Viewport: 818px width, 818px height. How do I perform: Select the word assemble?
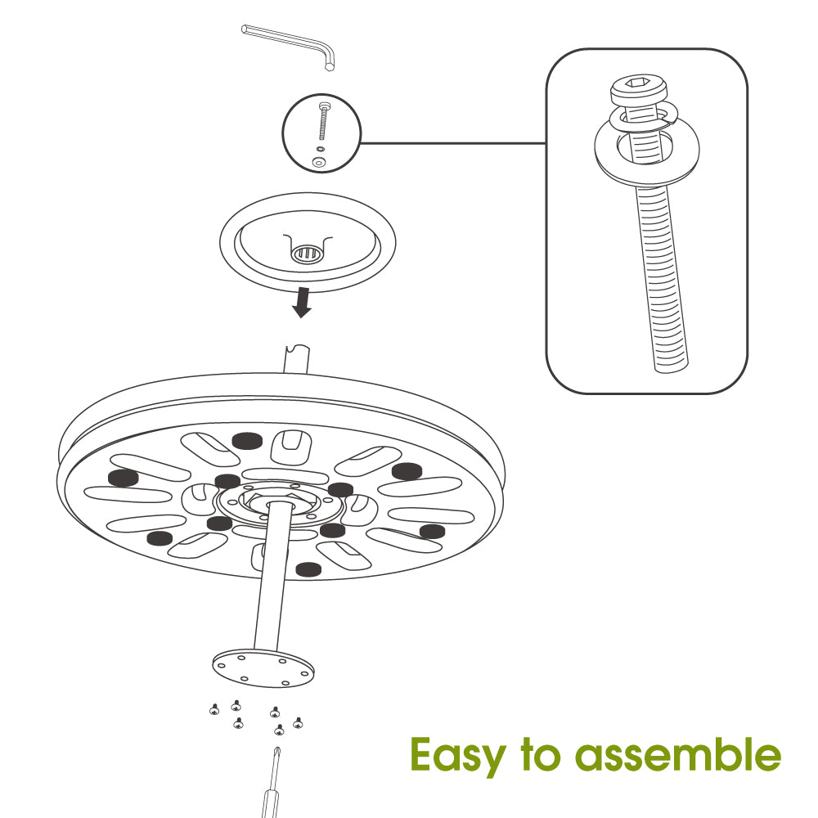click(677, 754)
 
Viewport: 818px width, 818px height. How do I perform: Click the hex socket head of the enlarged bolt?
click(639, 90)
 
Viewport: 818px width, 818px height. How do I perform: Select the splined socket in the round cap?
click(306, 254)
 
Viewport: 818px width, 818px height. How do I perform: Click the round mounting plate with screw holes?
click(263, 667)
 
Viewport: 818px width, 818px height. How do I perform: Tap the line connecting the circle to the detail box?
click(453, 143)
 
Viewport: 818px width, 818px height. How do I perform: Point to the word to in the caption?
click(541, 754)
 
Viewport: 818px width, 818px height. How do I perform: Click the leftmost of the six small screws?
click(214, 709)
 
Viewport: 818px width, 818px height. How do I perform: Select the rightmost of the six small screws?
click(298, 722)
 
